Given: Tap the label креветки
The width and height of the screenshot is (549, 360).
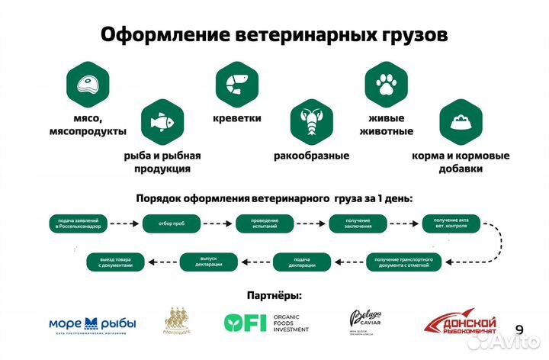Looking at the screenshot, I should [x=236, y=118].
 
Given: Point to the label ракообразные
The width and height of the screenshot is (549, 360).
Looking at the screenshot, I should [x=311, y=156].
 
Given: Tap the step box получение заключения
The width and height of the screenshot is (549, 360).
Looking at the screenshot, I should [x=358, y=223].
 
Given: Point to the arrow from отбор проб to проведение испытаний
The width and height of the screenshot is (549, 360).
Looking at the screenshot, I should [x=220, y=223].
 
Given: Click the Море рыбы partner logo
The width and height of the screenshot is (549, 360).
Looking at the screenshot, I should [x=92, y=324].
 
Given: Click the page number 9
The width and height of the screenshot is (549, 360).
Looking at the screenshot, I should [x=520, y=329].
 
